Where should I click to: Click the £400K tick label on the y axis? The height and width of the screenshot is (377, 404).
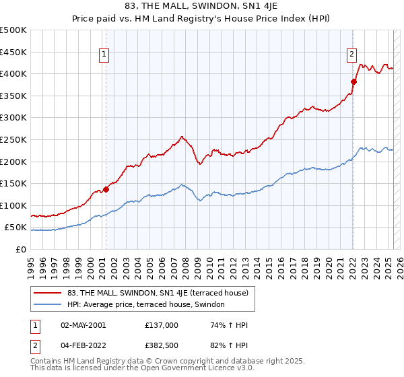click(x=13, y=73)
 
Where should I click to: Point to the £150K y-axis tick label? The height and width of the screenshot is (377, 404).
click(x=13, y=183)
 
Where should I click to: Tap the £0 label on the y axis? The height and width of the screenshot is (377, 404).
click(x=21, y=249)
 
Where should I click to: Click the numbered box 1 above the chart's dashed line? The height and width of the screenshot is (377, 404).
click(x=105, y=56)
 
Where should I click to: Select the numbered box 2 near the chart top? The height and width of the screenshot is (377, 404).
click(x=352, y=56)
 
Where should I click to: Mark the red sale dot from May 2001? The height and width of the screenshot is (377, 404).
click(x=106, y=189)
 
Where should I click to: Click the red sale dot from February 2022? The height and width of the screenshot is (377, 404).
click(x=353, y=81)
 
